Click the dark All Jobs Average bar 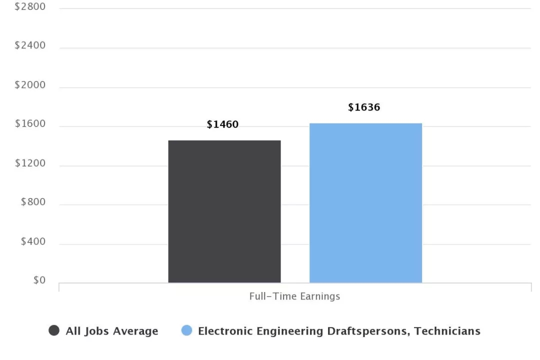(x=224, y=211)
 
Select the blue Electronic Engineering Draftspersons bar (x=365, y=203)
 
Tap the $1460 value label (x=222, y=124)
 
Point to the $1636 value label (x=364, y=107)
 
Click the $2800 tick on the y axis (x=30, y=6)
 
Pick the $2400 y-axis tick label (x=30, y=45)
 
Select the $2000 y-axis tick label (x=30, y=85)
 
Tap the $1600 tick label (x=30, y=124)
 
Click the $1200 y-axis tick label (x=30, y=163)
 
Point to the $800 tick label (x=33, y=202)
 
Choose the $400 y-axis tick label (x=33, y=242)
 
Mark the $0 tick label (x=39, y=281)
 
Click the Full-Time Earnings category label (x=294, y=296)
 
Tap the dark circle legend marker (x=54, y=330)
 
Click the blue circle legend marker (x=186, y=330)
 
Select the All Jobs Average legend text (x=112, y=331)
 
